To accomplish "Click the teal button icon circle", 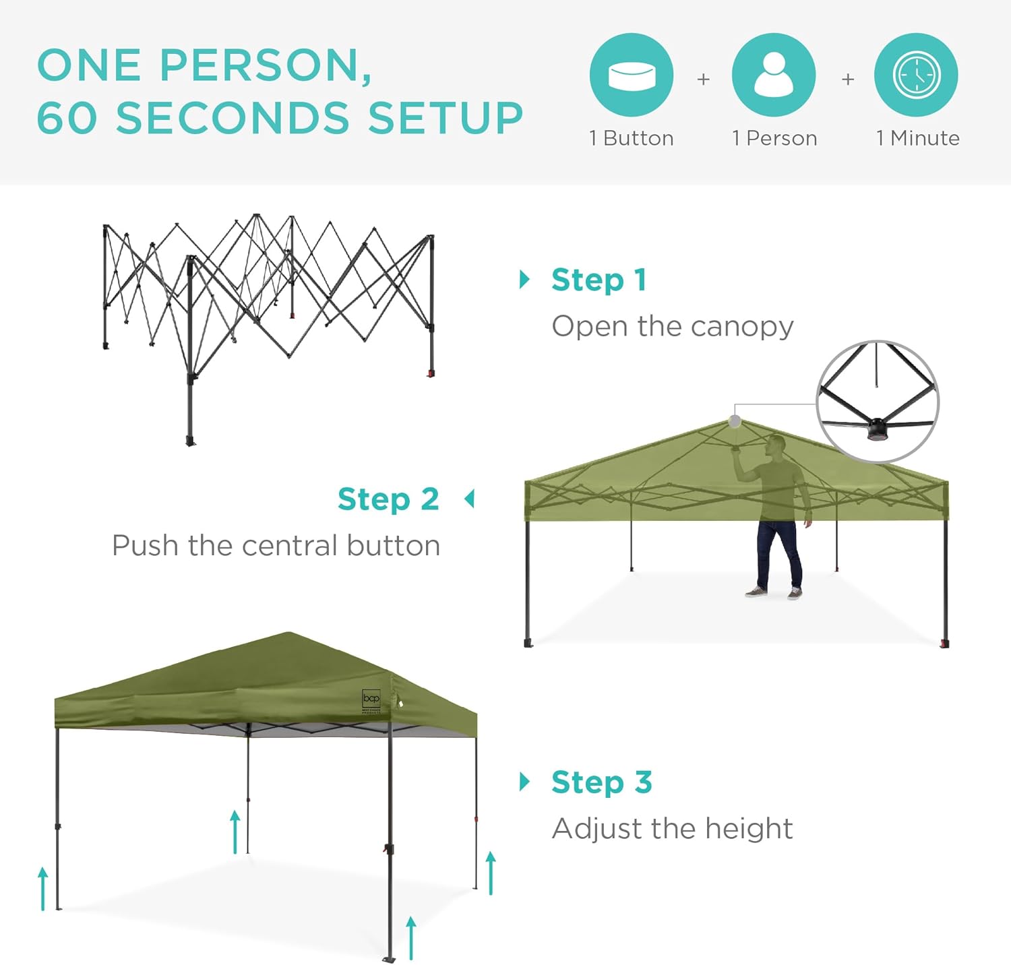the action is [632, 75].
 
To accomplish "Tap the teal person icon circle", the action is [774, 75].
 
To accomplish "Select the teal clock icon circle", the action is [916, 75].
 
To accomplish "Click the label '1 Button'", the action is [632, 138].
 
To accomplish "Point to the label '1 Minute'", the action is [918, 138].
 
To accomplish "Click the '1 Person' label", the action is [774, 138].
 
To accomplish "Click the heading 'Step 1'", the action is [599, 280].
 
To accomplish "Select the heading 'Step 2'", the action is [388, 499].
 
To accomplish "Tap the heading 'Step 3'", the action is [602, 782].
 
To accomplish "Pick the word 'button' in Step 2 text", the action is [394, 545].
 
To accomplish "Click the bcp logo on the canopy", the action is [371, 699].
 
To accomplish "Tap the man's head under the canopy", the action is [777, 444].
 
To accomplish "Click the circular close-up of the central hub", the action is [878, 402].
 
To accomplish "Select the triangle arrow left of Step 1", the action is [524, 279].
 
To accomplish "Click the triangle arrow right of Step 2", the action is [469, 499].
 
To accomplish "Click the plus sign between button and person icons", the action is [703, 80].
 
